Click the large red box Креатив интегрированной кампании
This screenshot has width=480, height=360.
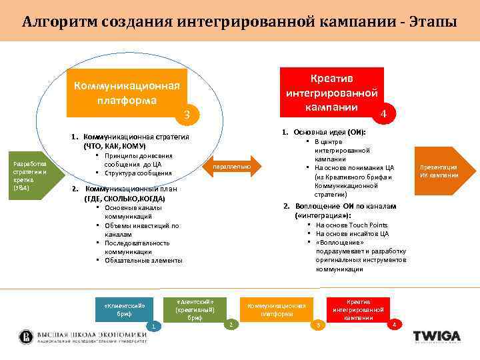pos(332,93)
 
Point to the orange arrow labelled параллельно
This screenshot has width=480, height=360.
pos(233,166)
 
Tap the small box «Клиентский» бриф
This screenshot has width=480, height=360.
pos(124,309)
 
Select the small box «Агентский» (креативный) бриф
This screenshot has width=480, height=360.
pos(195,309)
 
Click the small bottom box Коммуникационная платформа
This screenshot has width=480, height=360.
pos(276,310)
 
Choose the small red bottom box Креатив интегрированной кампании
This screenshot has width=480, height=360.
pos(358,310)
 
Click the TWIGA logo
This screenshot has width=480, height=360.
pos(437,335)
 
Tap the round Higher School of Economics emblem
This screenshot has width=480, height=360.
pos(26,336)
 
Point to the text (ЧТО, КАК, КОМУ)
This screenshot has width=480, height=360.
pos(115,145)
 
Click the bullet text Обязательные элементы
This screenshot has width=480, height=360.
pos(143,261)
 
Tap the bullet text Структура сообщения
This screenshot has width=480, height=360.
pos(138,173)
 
